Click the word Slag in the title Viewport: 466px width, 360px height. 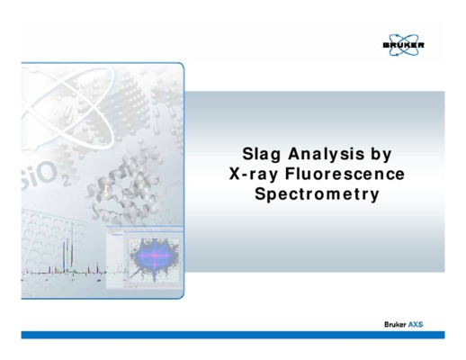click(261, 154)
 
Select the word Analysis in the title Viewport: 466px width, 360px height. click(326, 154)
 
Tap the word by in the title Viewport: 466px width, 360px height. click(381, 154)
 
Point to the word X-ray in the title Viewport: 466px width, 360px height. click(254, 175)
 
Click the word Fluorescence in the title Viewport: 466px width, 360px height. click(345, 174)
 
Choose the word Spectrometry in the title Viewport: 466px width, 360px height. click(317, 194)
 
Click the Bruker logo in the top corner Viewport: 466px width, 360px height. click(404, 45)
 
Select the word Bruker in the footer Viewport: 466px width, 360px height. click(395, 324)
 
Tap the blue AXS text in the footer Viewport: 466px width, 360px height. click(416, 324)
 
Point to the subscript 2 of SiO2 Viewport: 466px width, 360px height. click(66, 182)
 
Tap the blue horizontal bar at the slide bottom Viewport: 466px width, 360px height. click(233, 335)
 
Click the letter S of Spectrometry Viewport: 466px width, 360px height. click(260, 193)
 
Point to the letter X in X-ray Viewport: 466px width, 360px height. click(235, 174)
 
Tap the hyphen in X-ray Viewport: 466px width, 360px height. click(245, 175)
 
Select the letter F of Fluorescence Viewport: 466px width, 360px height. click(291, 174)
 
